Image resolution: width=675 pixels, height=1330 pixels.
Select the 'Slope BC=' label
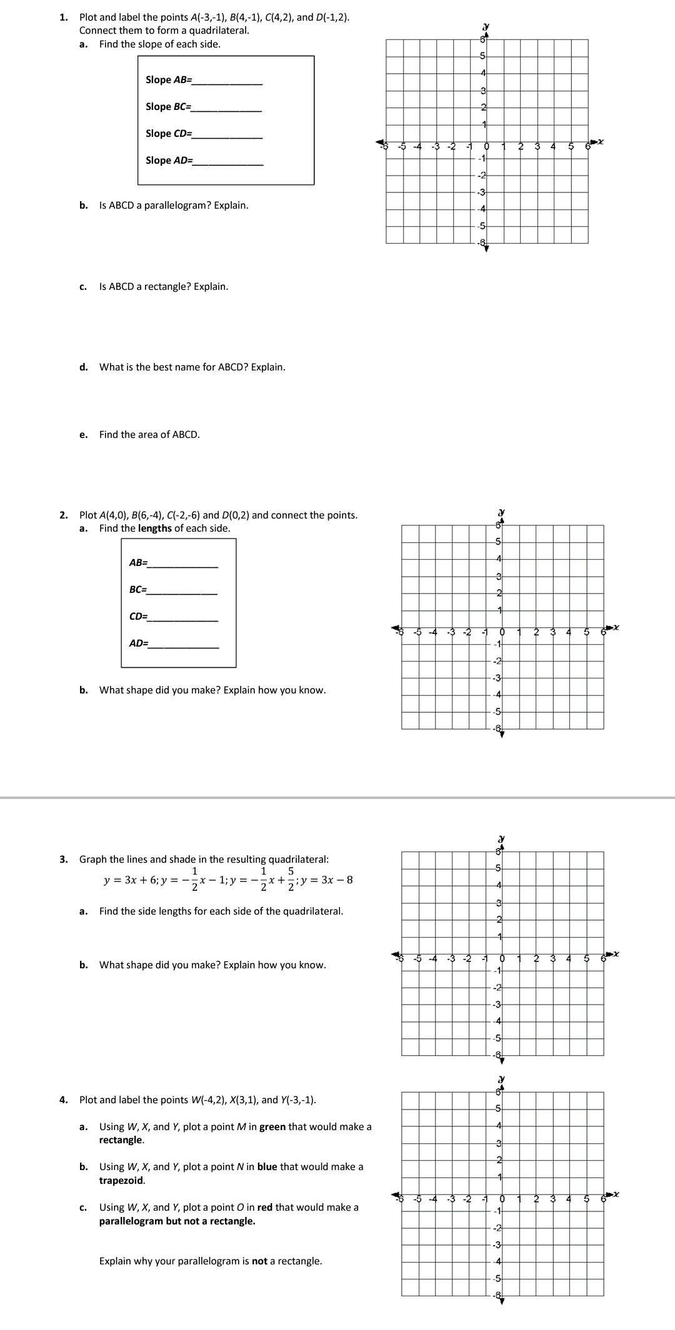168,107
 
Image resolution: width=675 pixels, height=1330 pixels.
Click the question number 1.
63,17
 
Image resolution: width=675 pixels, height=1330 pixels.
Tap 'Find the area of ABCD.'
149,435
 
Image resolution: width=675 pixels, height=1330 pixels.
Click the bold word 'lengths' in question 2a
154,529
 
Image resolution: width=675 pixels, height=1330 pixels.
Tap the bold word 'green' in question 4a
272,1127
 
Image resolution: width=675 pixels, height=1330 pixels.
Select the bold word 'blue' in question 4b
267,1167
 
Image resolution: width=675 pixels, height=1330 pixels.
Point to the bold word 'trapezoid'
122,1181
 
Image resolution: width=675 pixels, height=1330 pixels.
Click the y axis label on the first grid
486,27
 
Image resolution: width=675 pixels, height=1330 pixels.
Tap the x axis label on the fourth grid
615,1194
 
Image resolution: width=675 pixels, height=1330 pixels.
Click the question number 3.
63,860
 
